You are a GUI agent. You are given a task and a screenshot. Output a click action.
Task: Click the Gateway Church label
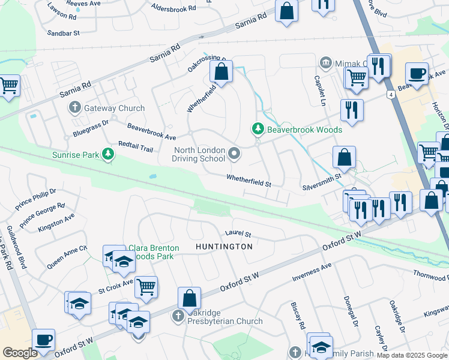115,108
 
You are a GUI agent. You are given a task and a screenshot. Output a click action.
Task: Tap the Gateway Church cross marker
75,108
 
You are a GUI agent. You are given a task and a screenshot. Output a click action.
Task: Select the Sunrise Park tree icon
108,155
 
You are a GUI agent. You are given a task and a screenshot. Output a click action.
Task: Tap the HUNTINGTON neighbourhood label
224,247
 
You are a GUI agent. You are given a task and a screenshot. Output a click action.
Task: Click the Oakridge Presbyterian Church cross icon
178,315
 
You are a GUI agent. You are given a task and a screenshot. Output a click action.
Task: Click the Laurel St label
238,233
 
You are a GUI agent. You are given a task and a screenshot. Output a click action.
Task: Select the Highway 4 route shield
391,95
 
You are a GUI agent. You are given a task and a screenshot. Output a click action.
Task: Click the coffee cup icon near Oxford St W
43,340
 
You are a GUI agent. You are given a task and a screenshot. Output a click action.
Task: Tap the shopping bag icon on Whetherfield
221,72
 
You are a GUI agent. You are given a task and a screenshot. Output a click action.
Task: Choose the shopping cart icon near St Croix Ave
146,287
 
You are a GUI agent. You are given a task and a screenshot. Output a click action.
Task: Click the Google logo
20,353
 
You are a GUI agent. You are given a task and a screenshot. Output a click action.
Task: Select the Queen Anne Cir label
67,251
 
